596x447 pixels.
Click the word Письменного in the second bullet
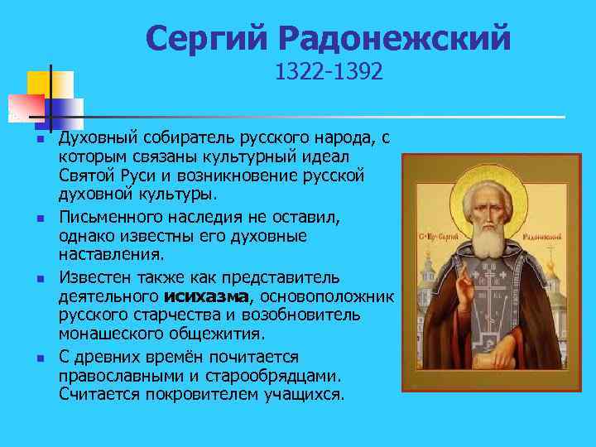(110, 216)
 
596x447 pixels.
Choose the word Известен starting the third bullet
(94, 276)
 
